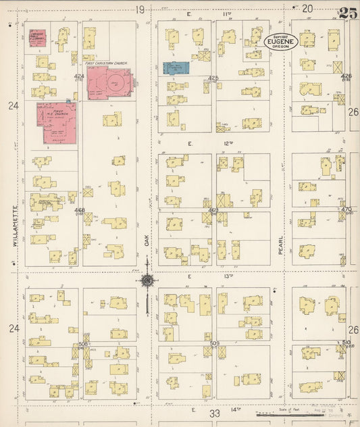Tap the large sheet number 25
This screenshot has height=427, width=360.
[349, 11]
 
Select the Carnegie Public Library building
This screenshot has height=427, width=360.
[37, 40]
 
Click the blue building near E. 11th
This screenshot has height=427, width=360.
[176, 68]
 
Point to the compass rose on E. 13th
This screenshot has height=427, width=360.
[146, 280]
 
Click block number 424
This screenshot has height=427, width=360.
[79, 76]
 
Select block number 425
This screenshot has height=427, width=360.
[213, 78]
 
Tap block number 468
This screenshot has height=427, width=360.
[80, 211]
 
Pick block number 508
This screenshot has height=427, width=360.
[83, 344]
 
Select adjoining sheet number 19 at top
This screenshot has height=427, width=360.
[140, 9]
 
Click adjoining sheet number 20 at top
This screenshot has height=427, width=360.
[308, 9]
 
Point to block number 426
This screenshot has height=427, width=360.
[346, 76]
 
